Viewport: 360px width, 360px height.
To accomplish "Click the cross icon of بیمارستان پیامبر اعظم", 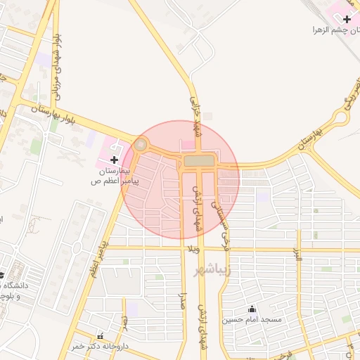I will point(115,160).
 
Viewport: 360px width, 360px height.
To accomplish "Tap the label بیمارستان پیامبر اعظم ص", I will point(115,176).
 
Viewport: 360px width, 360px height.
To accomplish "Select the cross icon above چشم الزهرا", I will point(347,19).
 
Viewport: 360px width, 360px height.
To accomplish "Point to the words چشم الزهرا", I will point(336,30).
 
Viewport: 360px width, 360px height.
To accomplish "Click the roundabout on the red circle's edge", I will point(141,146).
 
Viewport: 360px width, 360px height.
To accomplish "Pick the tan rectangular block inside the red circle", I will point(201,162).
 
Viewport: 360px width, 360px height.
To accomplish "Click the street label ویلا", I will point(193,250).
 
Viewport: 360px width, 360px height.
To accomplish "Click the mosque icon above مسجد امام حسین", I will point(252,309).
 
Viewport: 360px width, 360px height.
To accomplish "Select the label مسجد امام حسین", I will point(252,320).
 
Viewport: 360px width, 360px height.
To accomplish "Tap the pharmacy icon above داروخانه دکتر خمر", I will point(99,336).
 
